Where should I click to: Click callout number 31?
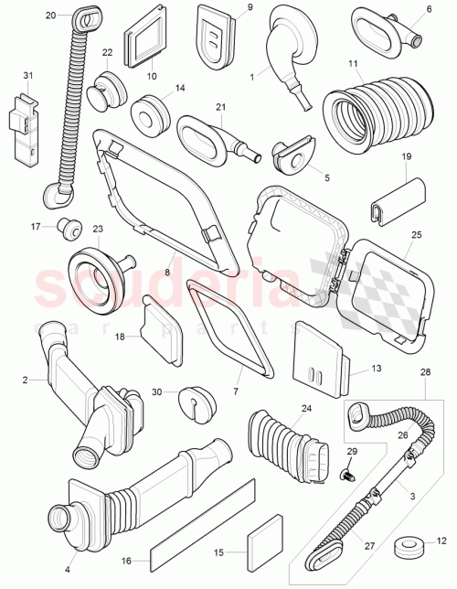[27, 75]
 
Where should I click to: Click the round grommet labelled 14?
[148, 113]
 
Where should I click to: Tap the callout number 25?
[415, 235]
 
